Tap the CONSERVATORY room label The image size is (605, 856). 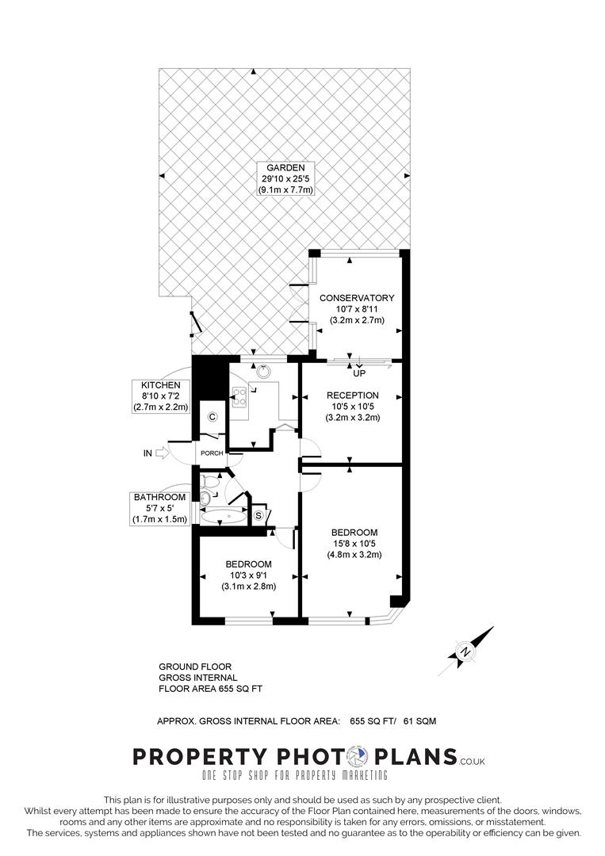[357, 309]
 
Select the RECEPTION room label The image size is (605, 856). [357, 406]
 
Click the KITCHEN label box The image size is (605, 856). [162, 396]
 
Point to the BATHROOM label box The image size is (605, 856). [161, 508]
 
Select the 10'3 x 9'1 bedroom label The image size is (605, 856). [248, 575]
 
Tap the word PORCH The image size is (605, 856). [210, 453]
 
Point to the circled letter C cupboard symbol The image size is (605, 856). [213, 417]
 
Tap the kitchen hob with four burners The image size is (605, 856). [239, 396]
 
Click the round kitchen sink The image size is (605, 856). [263, 368]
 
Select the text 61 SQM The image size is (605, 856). [419, 720]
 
